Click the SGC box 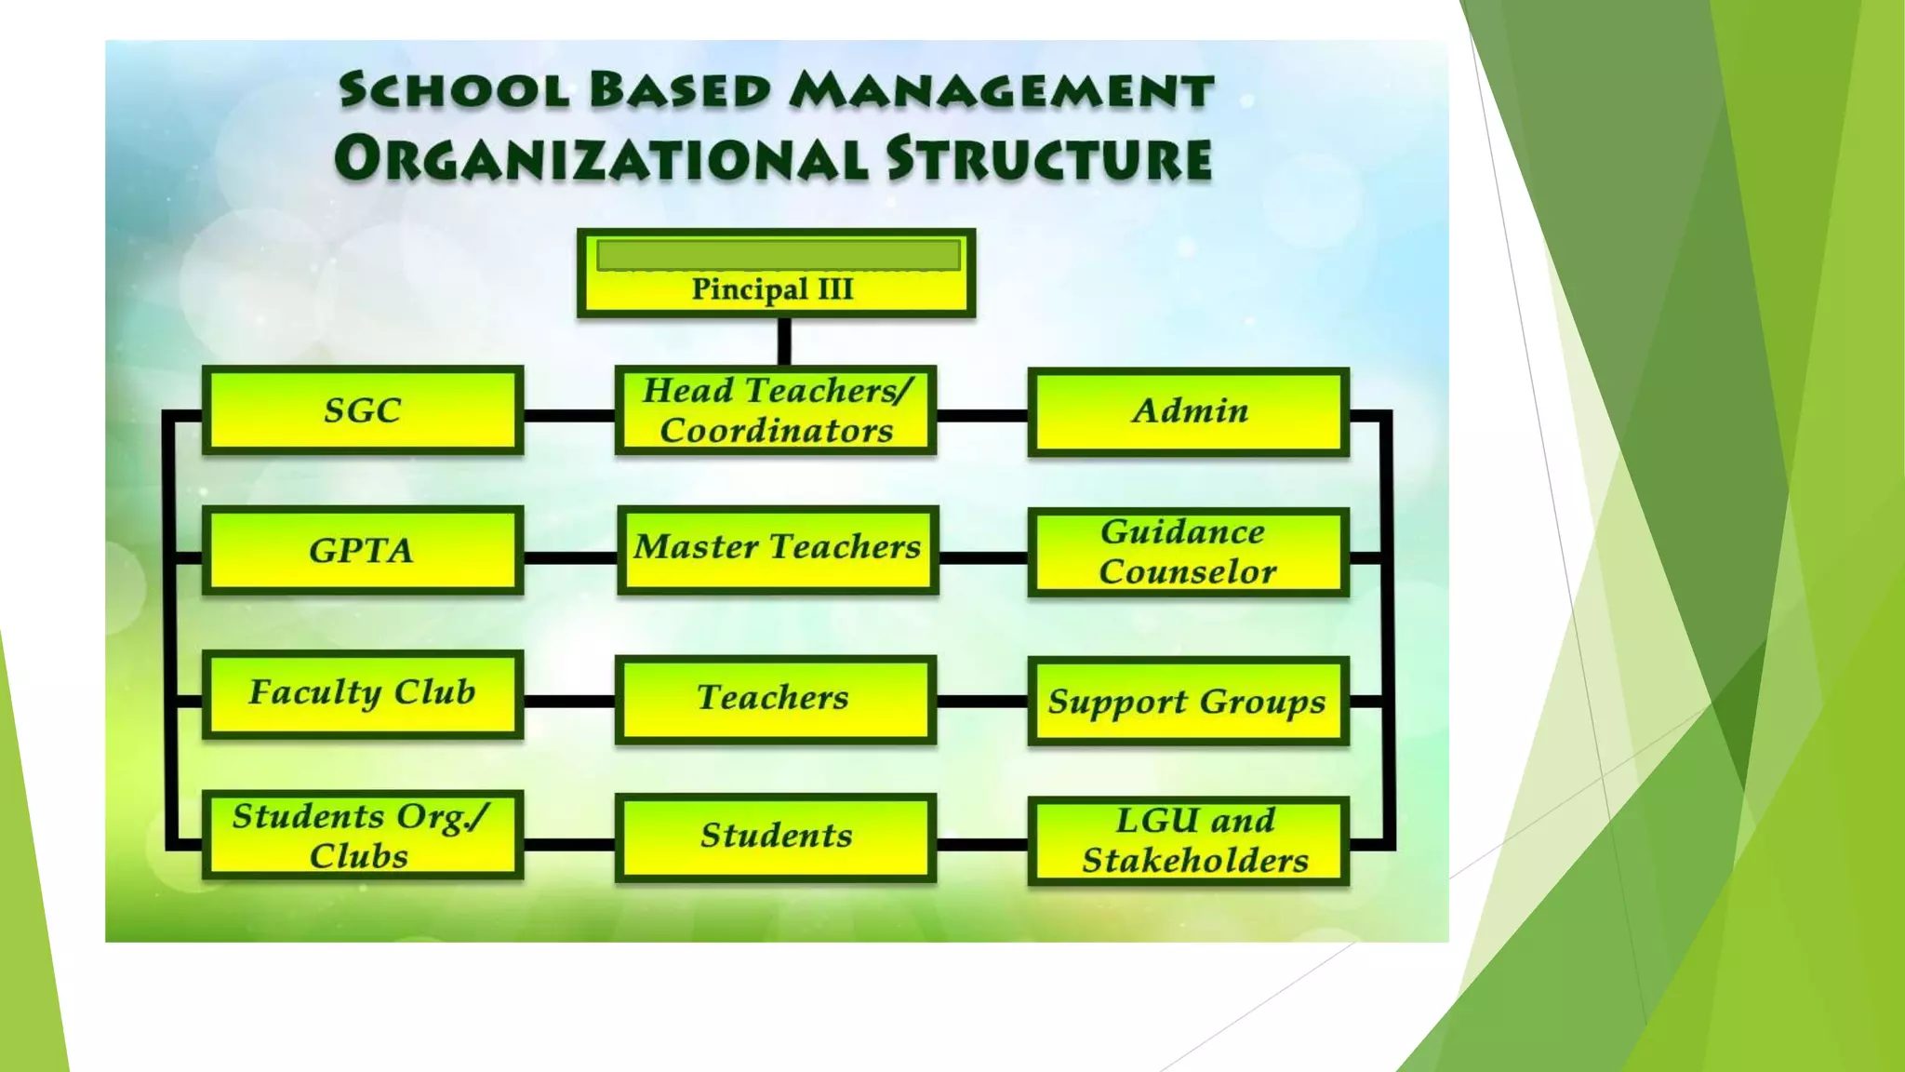pos(363,410)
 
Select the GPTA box pos(363,550)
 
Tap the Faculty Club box pos(363,693)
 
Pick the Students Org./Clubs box pos(363,835)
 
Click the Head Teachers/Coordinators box pos(776,410)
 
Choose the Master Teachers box pos(778,549)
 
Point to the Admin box pos(1189,411)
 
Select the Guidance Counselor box pos(1189,552)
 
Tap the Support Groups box pos(1189,701)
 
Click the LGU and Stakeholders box pos(1189,840)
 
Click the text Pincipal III pos(772,289)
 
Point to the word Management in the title pos(1001,91)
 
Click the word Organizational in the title pos(601,158)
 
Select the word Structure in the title pos(1048,158)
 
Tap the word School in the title pos(454,91)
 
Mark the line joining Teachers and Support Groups pos(982,701)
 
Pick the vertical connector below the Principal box pos(784,342)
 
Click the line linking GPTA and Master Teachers pos(570,557)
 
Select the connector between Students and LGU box pos(982,844)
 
